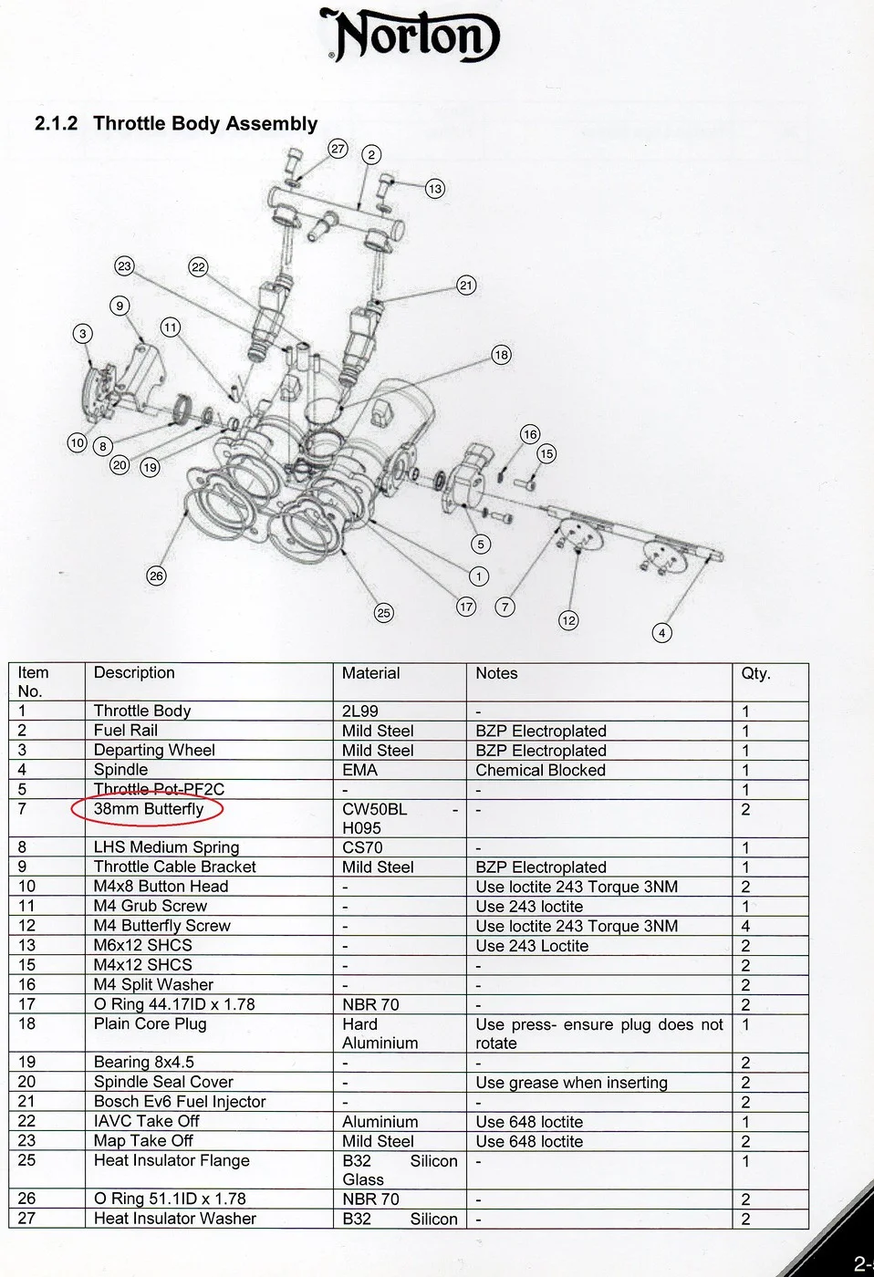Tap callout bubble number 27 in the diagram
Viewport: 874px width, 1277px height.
[338, 149]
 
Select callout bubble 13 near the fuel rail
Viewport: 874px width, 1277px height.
[434, 189]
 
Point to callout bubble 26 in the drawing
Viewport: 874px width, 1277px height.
[156, 576]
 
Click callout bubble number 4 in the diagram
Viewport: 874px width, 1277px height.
[662, 632]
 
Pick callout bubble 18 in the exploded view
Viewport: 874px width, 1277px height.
[501, 355]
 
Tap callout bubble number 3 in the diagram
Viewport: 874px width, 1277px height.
[83, 334]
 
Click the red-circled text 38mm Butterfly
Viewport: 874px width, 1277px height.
[149, 809]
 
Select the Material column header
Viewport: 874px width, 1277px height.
[370, 673]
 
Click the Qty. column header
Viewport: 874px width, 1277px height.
[755, 673]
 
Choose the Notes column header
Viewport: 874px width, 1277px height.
[496, 673]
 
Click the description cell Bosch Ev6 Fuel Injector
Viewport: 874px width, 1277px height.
[180, 1102]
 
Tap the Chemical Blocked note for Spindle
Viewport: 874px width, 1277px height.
[540, 770]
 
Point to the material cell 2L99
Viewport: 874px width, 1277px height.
[359, 711]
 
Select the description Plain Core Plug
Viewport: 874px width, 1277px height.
[151, 1023]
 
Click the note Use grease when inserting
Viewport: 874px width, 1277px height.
[571, 1083]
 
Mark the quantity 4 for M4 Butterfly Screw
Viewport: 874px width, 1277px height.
[745, 926]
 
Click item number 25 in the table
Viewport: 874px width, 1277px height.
[26, 1160]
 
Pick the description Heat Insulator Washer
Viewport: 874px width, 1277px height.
[175, 1219]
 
